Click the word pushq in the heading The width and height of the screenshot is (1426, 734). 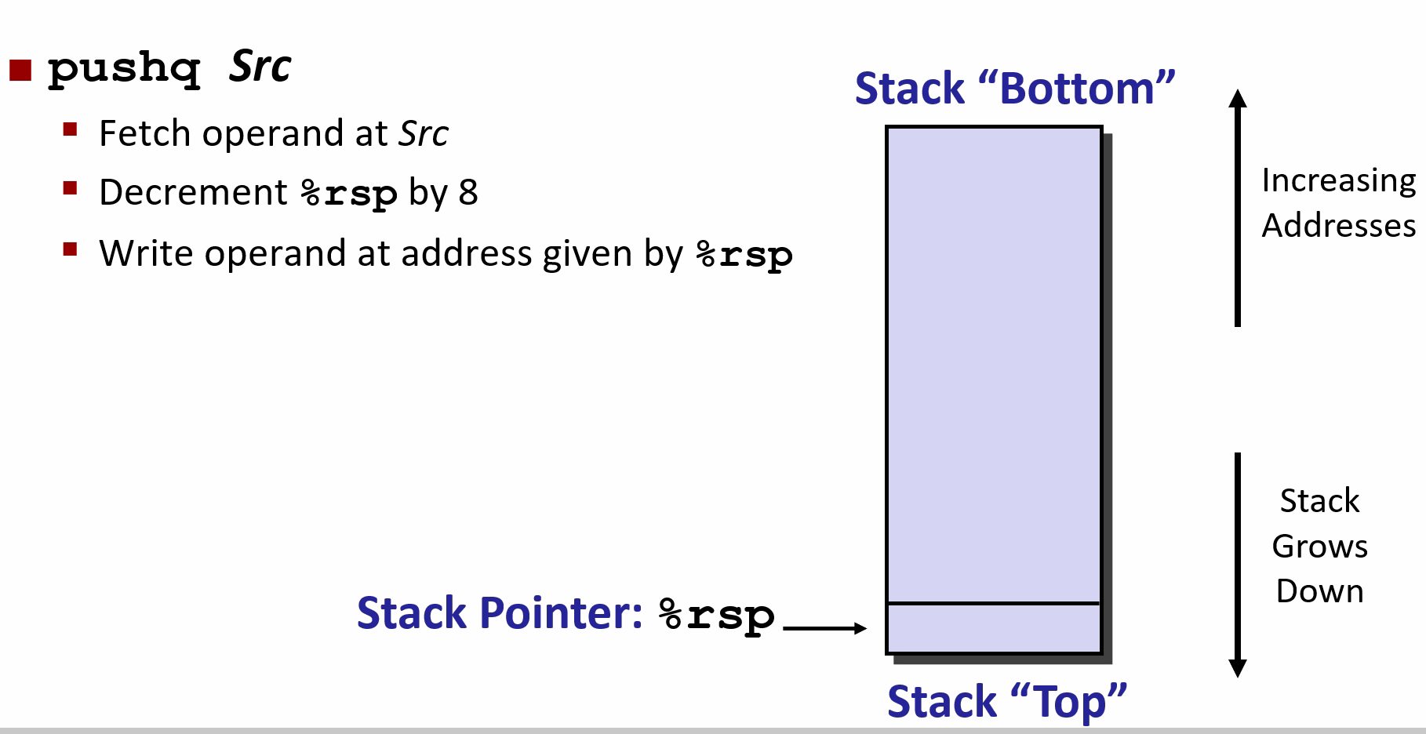[x=124, y=69]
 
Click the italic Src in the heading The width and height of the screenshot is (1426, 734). [x=260, y=67]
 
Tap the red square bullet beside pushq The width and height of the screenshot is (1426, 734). [x=20, y=71]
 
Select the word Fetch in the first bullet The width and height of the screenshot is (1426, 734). [x=146, y=133]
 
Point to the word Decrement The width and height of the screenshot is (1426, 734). [x=193, y=193]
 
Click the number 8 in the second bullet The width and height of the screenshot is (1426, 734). [x=467, y=193]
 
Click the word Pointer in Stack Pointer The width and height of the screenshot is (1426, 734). [x=561, y=613]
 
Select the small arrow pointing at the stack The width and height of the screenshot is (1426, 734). [x=824, y=627]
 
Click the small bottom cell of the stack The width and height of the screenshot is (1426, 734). [x=993, y=627]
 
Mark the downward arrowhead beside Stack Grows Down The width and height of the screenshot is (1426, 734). [x=1238, y=667]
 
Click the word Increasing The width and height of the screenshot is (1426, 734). [x=1338, y=181]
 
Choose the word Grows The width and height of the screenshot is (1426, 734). [x=1319, y=546]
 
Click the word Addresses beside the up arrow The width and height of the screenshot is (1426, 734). [x=1338, y=226]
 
